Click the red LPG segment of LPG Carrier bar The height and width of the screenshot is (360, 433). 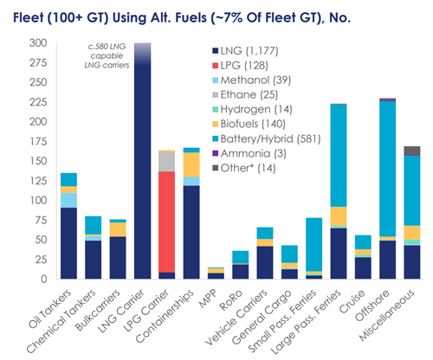167,222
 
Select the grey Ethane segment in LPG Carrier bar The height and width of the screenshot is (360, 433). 167,162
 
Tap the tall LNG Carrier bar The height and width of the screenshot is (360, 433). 143,161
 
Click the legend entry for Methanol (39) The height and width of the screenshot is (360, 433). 251,80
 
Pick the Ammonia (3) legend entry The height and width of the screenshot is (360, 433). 249,153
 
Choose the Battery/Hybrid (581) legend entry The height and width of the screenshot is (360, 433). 267,138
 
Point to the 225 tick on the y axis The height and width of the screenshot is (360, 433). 38,102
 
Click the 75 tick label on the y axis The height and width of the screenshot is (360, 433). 41,220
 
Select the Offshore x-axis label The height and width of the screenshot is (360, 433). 372,305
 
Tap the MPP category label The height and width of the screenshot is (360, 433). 208,299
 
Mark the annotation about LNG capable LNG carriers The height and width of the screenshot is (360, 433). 107,55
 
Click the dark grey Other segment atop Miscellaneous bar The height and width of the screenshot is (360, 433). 412,151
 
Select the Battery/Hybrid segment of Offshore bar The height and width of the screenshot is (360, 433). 387,169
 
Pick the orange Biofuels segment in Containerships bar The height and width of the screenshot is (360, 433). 191,164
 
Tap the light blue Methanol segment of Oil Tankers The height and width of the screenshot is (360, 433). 68,200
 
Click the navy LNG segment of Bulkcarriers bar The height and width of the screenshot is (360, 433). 118,258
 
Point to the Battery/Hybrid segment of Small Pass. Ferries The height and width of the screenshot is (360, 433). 313,245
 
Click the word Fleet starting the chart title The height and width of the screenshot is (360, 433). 28,18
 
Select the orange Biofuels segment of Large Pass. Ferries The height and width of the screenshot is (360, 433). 339,216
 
